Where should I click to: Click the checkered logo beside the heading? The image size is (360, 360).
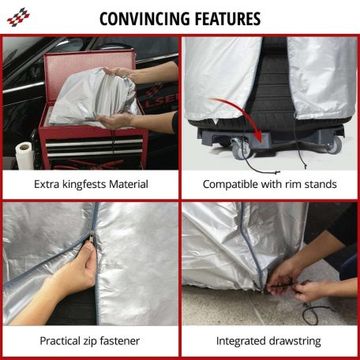18,17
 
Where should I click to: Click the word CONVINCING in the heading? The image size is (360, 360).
144,19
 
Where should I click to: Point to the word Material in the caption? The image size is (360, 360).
129,184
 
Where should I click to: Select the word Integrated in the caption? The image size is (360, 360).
239,341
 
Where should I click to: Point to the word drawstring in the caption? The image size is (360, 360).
293,341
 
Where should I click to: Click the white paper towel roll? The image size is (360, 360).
24,155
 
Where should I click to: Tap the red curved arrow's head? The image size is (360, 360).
257,136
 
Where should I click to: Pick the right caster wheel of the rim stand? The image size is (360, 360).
334,144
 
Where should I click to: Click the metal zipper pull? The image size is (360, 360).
92,234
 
